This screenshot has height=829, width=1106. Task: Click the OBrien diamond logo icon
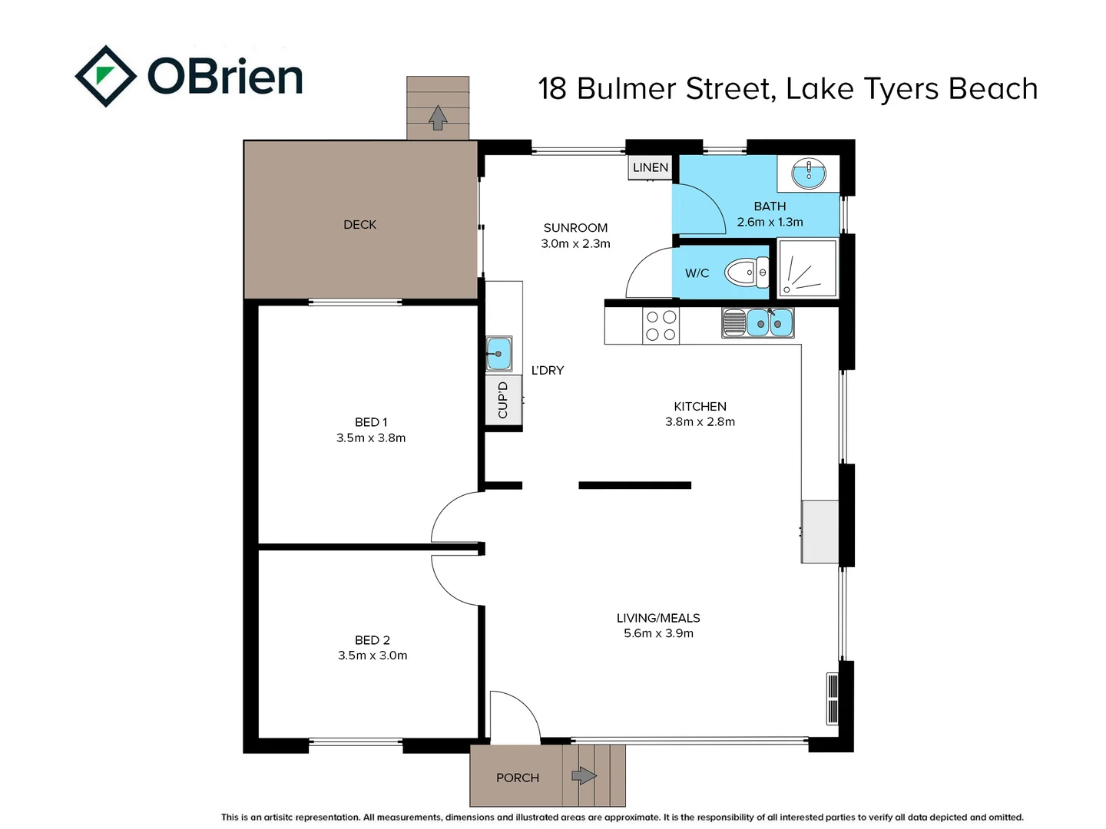(106, 76)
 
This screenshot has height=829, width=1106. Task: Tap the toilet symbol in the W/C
(746, 272)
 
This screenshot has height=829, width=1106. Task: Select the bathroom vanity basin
(808, 173)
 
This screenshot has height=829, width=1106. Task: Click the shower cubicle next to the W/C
(807, 268)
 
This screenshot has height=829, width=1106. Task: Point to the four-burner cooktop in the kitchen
(661, 325)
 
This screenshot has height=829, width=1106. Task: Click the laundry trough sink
(498, 354)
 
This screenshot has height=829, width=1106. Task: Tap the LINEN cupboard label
(650, 167)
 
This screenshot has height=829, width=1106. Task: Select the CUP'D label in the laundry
(503, 400)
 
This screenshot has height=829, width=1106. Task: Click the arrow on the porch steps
(584, 775)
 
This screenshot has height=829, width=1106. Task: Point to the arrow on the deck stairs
(438, 117)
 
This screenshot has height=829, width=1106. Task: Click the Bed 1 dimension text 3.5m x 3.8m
(371, 438)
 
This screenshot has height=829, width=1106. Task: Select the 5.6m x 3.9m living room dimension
(658, 633)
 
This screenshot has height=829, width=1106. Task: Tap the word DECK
(359, 224)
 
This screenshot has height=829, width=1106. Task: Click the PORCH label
(517, 778)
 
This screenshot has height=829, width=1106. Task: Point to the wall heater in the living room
(832, 699)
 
